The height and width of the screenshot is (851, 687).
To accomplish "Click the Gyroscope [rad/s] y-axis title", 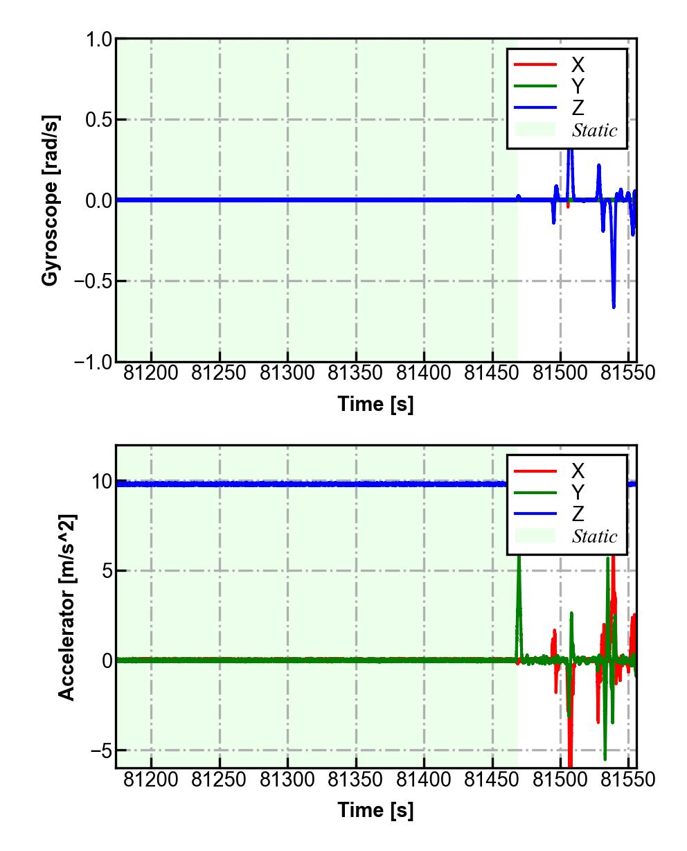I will coord(50,200).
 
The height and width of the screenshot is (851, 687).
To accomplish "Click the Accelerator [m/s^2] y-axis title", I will coord(67,607).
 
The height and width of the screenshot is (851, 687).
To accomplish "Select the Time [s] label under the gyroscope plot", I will coord(375,403).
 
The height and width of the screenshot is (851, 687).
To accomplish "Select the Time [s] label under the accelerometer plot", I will coord(375,809).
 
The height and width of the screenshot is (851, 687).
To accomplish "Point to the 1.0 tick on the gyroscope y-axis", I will coord(99,40).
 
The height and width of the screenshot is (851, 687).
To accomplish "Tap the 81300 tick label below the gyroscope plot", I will coord(287,373).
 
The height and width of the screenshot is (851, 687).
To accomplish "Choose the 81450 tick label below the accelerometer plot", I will coord(492,780).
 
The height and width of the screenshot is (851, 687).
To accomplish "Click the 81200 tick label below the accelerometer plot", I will coord(151,780).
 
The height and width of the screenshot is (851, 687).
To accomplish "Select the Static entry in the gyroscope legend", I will coord(594,130).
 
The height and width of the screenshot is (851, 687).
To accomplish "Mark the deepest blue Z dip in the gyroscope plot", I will coord(614,306).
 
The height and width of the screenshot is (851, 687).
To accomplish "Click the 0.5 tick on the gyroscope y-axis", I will coord(99,120).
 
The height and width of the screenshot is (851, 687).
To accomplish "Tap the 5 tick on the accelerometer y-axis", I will coord(106,571).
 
